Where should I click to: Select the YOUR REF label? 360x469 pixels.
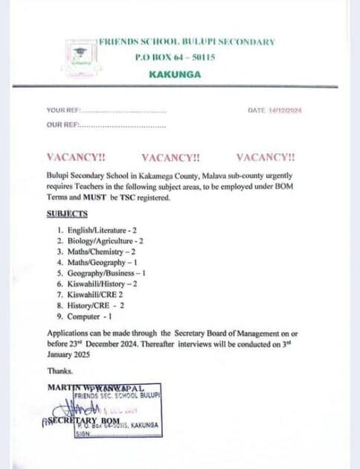(x=62, y=111)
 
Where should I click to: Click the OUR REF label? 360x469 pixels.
(x=62, y=125)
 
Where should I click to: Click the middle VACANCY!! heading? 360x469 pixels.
(x=170, y=158)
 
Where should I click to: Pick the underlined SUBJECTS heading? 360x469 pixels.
(x=67, y=214)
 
